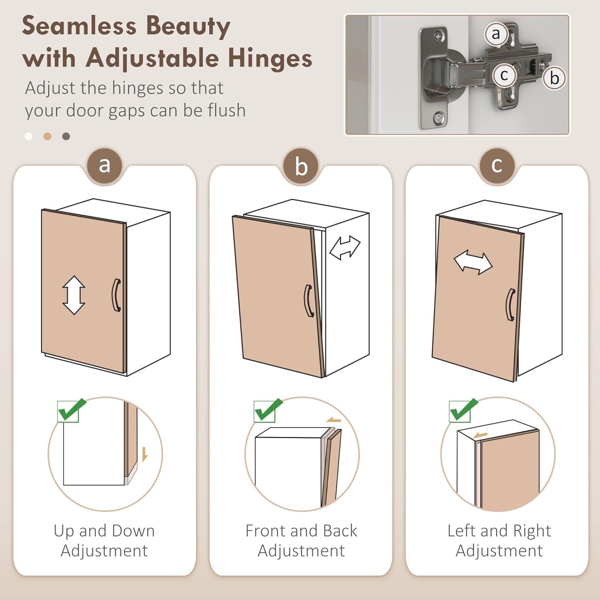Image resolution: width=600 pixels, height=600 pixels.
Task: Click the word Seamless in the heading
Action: (79, 26)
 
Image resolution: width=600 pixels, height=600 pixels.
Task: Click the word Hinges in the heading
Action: (270, 58)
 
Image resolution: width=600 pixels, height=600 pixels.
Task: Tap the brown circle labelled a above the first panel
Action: (104, 165)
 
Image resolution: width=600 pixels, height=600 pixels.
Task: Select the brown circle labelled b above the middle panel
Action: (301, 166)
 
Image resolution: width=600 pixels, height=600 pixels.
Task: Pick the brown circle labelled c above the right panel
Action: (497, 165)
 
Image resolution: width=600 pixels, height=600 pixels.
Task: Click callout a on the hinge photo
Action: (496, 34)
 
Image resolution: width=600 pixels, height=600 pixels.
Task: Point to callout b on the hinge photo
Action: (554, 78)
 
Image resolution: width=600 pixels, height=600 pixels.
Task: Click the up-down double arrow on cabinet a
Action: (74, 295)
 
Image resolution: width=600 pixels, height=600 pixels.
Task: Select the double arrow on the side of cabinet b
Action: (345, 248)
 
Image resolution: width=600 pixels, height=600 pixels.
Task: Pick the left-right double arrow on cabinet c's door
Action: (473, 262)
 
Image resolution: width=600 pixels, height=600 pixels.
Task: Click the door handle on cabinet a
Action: (116, 295)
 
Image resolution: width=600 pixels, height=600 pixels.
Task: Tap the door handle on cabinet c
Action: (511, 305)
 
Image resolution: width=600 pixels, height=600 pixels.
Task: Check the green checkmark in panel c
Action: (463, 410)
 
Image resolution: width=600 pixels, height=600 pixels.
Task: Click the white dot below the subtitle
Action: (29, 136)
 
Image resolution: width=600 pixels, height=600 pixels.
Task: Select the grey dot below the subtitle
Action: (66, 136)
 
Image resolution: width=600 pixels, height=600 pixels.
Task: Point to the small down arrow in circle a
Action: (144, 454)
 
